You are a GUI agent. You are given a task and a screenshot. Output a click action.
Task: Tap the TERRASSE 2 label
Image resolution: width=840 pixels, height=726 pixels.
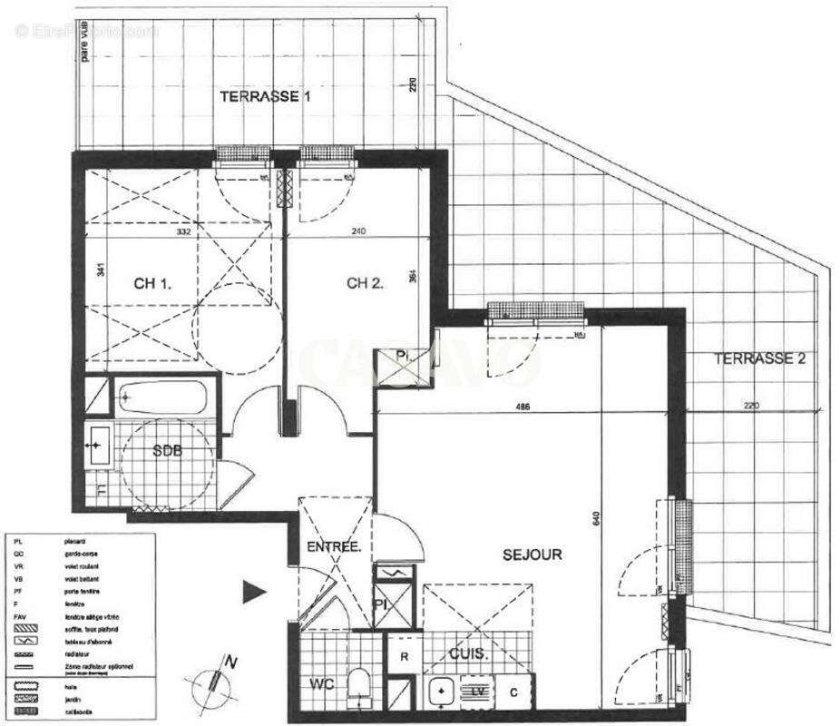pos(759,358)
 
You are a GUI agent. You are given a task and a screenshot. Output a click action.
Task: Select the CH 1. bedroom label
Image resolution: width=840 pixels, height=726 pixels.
pos(153,284)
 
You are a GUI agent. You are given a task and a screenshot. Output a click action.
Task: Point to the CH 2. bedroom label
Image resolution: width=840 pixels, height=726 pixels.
pos(366,282)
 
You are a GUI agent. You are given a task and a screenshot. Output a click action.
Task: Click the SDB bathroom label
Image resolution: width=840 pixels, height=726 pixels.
pos(166,452)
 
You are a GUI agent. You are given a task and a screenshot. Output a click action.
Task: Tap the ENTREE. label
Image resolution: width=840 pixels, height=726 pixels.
pos(334,547)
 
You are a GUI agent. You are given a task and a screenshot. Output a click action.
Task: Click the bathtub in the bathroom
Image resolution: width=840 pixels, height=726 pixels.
pos(162,397)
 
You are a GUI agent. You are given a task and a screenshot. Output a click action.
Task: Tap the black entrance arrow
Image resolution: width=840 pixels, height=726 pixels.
pos(253,593)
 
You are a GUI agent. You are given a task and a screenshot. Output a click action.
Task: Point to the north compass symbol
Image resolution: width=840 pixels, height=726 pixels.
pos(215,679)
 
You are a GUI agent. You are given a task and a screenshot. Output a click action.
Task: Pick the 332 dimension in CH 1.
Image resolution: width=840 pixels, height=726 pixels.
pos(187,232)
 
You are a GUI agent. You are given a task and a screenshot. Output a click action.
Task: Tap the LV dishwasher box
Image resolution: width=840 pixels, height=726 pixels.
pos(477,692)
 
